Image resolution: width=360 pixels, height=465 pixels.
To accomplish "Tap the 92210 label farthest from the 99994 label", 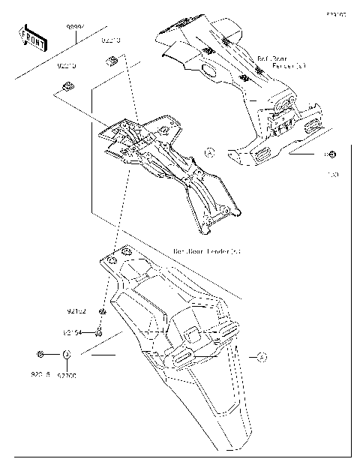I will (x=67, y=67).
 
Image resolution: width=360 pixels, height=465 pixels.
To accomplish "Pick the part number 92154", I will (x=73, y=331).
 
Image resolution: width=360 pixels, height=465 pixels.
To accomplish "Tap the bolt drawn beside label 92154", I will (x=99, y=330).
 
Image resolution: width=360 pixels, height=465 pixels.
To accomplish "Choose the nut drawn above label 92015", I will (x=40, y=353).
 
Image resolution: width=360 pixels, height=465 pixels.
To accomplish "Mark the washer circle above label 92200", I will (x=67, y=354).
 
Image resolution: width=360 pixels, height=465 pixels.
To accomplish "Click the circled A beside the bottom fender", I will (x=262, y=356).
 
